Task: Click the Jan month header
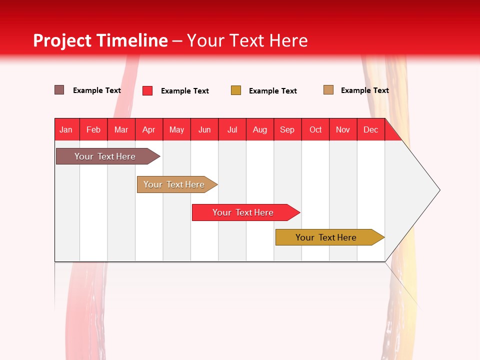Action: [x=66, y=129]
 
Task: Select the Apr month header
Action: [x=149, y=129]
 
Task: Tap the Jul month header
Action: [x=232, y=129]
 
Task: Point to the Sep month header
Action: [x=287, y=129]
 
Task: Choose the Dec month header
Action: [x=371, y=129]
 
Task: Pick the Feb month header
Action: [x=93, y=129]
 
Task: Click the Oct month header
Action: [x=315, y=129]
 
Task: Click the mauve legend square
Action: [x=59, y=90]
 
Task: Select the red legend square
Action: [x=147, y=90]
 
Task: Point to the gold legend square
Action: [x=236, y=90]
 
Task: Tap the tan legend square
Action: [x=328, y=90]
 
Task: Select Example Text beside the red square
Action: [x=185, y=91]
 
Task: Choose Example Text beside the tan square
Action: [x=365, y=90]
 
